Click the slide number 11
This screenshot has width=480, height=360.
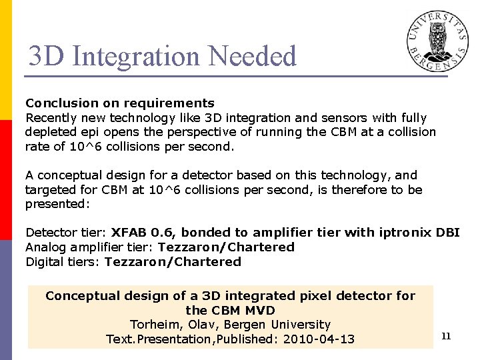[x=446, y=336]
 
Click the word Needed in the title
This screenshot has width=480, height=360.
[x=253, y=56]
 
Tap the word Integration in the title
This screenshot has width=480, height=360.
[x=137, y=56]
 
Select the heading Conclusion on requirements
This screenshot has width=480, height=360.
[x=120, y=103]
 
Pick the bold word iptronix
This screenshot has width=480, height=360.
[x=404, y=233]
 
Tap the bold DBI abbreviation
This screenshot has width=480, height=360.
[x=448, y=233]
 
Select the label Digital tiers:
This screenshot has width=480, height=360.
[x=63, y=262]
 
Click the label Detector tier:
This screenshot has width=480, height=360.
[x=65, y=233]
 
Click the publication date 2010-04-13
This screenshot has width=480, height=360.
[x=319, y=339]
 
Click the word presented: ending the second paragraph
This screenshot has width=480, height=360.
[x=57, y=205]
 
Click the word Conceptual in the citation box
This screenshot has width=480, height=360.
[x=84, y=295]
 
